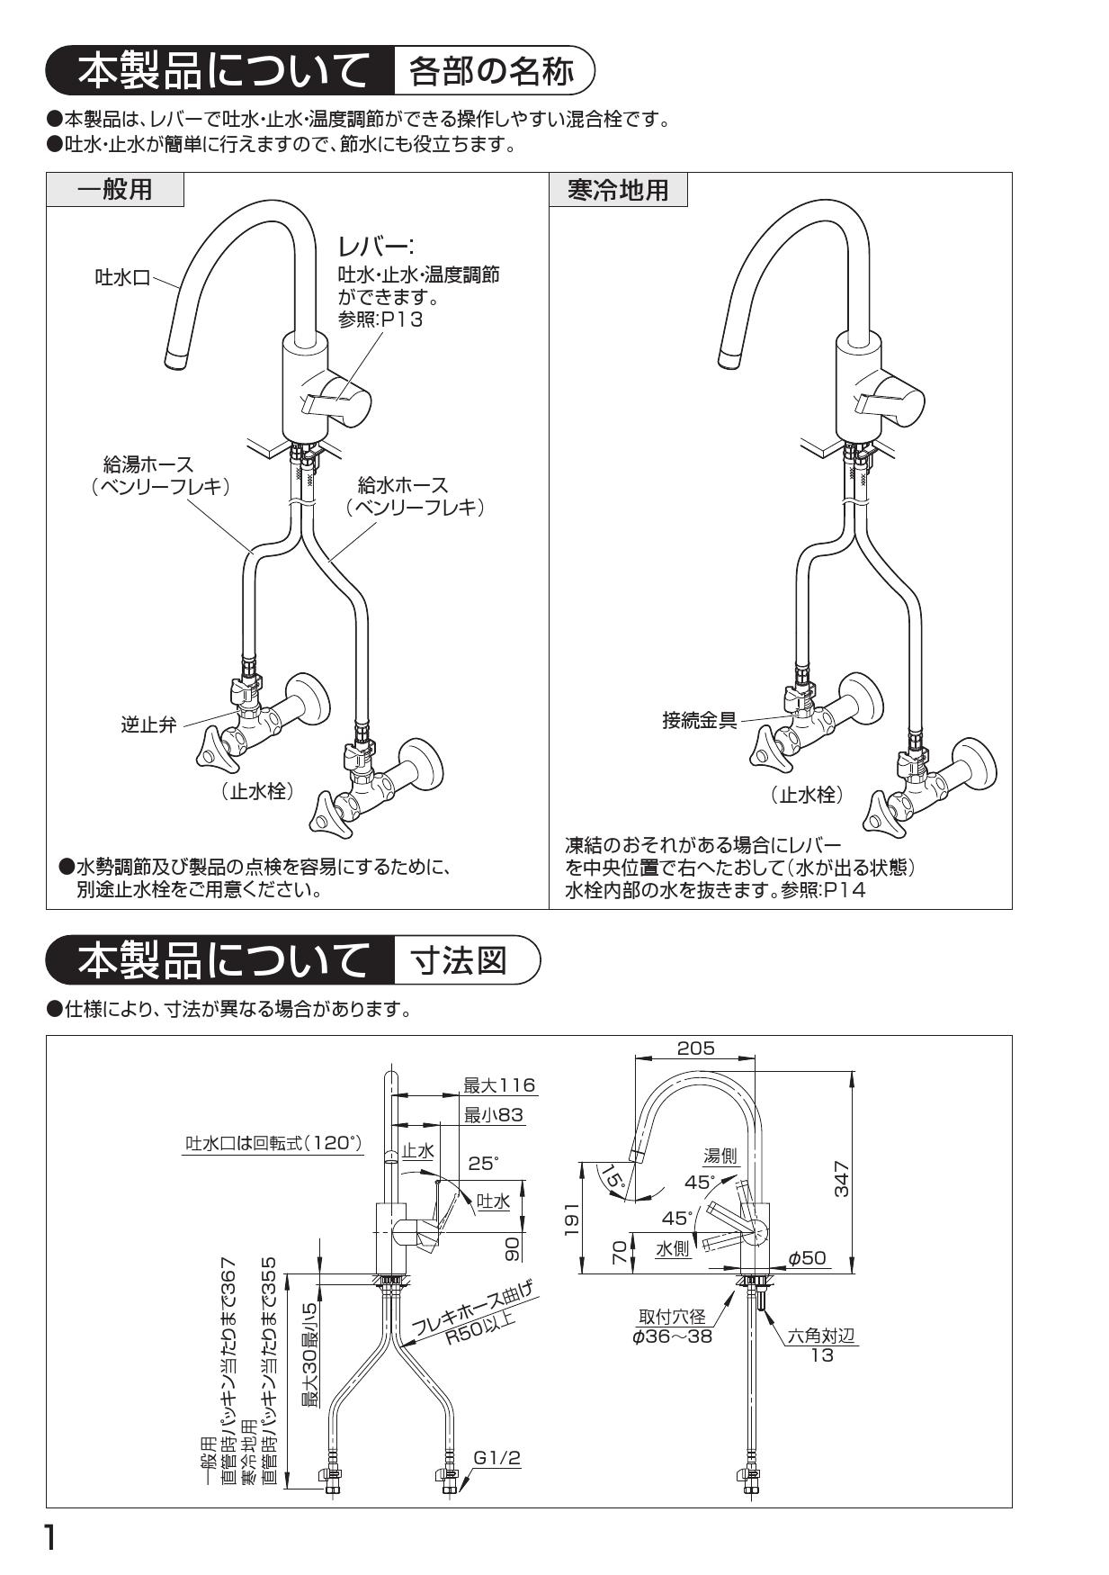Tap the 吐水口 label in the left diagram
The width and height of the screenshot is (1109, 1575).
tap(122, 277)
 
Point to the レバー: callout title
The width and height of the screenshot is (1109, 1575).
tap(374, 246)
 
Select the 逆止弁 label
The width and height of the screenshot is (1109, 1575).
tap(149, 724)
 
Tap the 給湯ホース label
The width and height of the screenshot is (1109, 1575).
tap(148, 464)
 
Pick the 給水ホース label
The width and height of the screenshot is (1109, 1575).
tap(402, 486)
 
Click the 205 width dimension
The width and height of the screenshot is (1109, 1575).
tap(695, 1048)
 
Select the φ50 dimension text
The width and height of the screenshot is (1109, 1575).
tap(807, 1258)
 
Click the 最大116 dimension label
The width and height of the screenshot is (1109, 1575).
tap(498, 1085)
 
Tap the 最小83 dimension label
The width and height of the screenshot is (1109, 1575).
tap(493, 1115)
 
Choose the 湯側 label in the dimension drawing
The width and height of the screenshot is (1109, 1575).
tap(720, 1156)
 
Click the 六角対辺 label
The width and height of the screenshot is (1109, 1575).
tap(821, 1336)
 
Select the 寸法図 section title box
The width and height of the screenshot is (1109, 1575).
tap(458, 960)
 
